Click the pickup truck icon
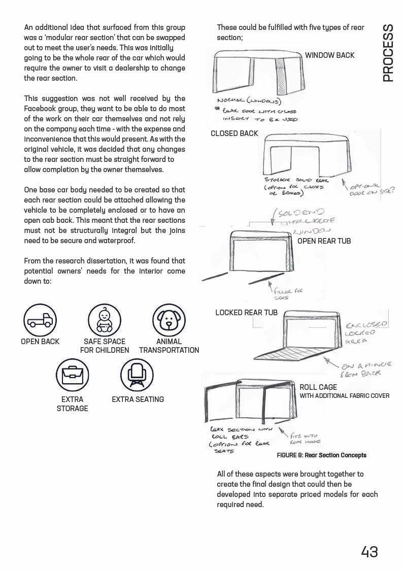(x=40, y=320)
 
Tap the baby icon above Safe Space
(x=105, y=320)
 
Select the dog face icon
(x=169, y=320)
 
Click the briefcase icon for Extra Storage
(x=72, y=375)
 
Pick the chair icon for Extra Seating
(x=137, y=375)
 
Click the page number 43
(x=369, y=552)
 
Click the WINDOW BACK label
(x=329, y=55)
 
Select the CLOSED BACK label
(x=234, y=133)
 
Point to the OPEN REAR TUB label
(x=324, y=241)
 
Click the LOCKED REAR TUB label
(x=246, y=313)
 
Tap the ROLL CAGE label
(x=318, y=387)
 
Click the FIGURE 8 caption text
(x=321, y=455)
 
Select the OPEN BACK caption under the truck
(x=40, y=342)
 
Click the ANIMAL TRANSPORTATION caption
(x=169, y=346)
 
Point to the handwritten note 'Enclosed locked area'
(x=366, y=333)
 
